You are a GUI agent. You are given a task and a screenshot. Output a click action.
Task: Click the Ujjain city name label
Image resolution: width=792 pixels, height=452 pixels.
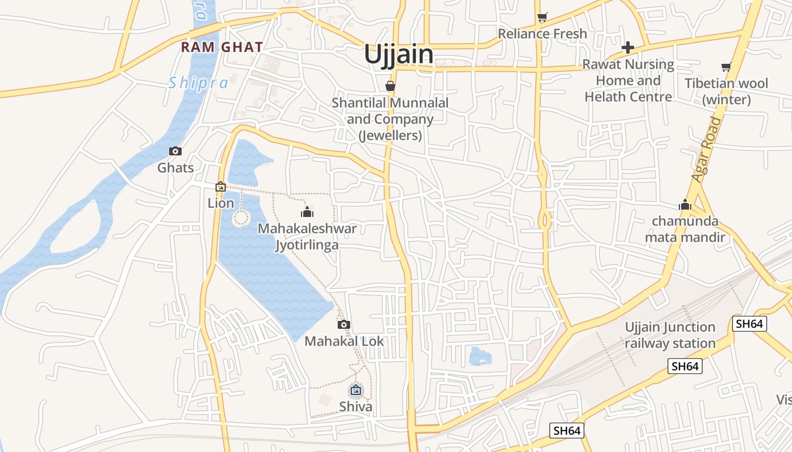tap(398, 55)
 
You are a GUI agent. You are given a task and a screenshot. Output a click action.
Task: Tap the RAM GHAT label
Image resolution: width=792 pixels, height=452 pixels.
tap(222, 47)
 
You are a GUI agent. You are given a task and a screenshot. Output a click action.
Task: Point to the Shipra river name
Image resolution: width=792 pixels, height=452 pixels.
tap(199, 83)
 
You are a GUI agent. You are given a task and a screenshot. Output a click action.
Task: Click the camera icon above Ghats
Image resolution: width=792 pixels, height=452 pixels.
tap(175, 151)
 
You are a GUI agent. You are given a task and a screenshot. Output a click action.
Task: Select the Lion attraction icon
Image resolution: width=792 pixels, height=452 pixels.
tap(221, 186)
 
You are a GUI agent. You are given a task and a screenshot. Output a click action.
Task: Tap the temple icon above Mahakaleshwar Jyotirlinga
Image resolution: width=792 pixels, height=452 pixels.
tap(307, 212)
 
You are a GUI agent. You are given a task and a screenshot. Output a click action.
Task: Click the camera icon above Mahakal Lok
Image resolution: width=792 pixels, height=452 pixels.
tap(343, 324)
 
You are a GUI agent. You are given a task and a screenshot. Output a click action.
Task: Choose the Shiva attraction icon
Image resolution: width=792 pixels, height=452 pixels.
tap(356, 390)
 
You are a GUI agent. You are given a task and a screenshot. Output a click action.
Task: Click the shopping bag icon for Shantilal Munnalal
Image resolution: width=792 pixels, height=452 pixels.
tap(390, 86)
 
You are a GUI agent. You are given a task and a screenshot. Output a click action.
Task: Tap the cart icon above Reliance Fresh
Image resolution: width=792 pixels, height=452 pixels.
tap(543, 18)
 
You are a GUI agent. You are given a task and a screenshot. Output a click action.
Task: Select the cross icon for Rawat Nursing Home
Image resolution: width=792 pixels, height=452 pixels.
tap(628, 47)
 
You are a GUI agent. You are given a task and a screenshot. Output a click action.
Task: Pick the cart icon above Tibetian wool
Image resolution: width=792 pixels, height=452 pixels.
tap(726, 67)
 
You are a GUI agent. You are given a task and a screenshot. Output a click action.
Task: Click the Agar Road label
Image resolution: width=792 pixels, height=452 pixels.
tap(707, 149)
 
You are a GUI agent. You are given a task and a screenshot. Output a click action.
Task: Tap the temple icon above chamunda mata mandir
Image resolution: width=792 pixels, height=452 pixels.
tap(685, 205)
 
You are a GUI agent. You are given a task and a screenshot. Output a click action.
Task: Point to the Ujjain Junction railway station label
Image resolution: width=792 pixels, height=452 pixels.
tap(670, 335)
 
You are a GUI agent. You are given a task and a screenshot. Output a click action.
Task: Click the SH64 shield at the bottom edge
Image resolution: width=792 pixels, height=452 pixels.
tap(566, 431)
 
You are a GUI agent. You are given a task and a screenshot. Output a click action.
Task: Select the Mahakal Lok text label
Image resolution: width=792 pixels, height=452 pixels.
tap(344, 341)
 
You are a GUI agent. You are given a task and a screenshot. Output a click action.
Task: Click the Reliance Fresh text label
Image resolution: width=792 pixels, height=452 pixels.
tap(543, 34)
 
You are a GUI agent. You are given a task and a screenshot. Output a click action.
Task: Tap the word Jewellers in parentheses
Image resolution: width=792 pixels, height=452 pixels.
tap(390, 136)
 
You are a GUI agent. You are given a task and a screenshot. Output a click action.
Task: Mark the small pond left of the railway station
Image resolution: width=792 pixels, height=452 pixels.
tap(480, 357)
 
